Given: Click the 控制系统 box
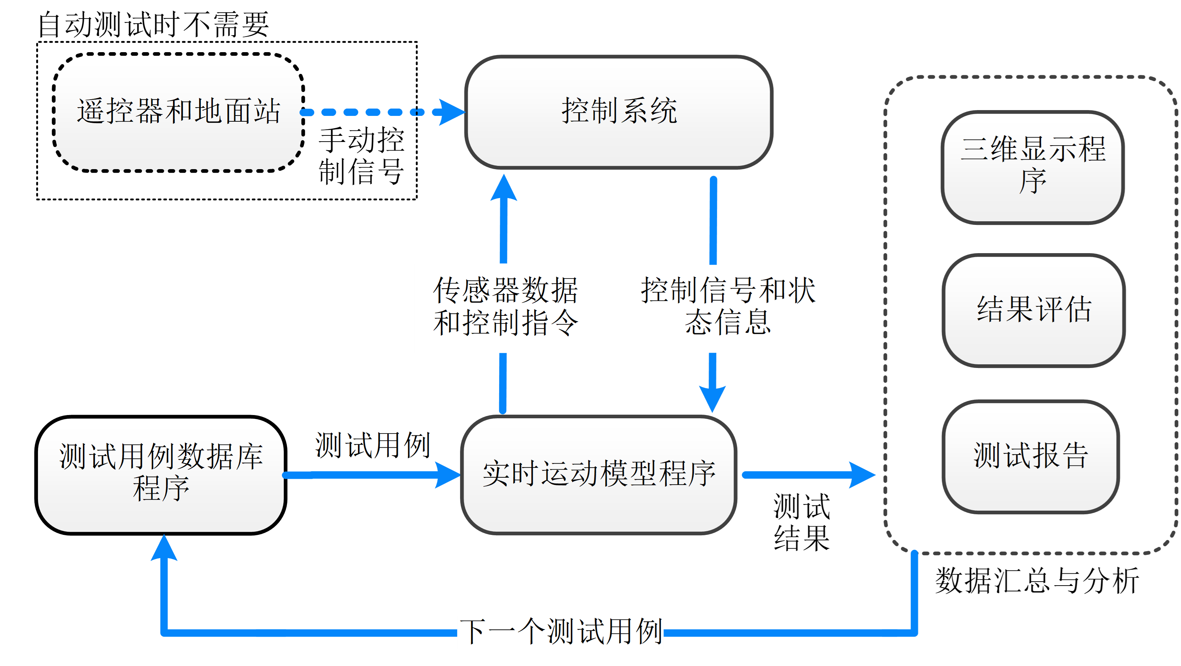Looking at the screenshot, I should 619,112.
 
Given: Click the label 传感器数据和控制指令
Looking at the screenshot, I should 505,307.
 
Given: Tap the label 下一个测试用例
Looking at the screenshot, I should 560,632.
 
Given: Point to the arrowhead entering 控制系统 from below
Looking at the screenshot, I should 504,188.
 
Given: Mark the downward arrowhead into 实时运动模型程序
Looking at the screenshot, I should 712,398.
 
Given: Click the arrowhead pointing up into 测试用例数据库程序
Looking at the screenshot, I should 164,549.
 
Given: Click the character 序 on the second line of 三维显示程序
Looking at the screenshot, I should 1033,181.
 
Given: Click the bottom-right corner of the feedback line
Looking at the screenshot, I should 914,633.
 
